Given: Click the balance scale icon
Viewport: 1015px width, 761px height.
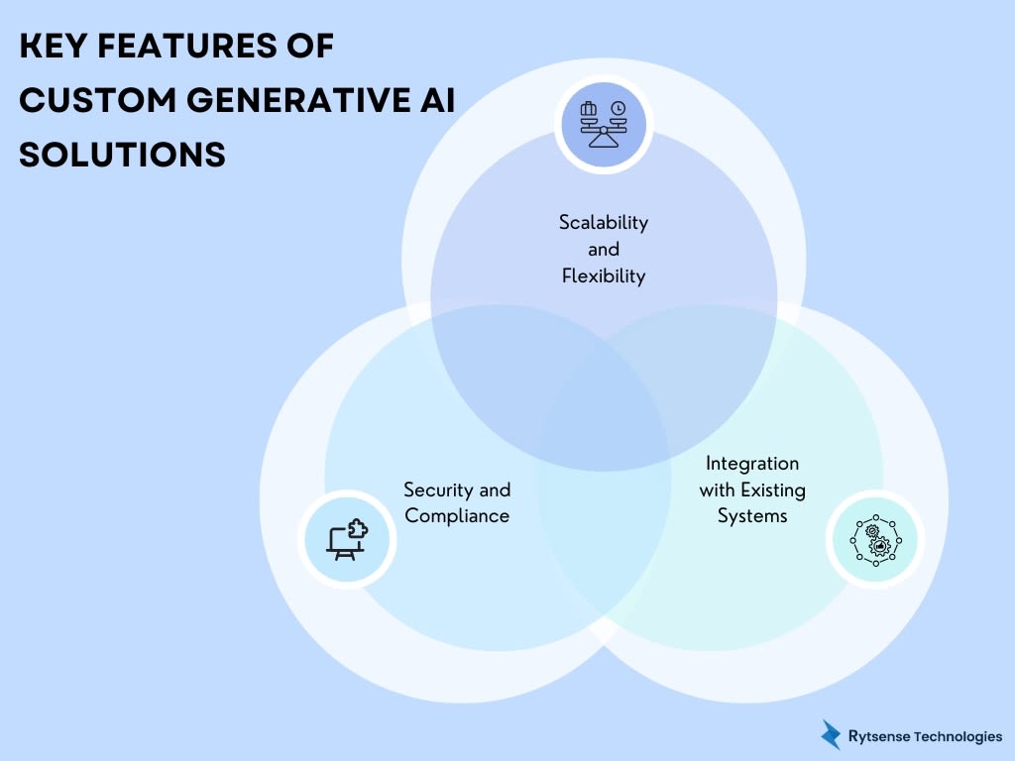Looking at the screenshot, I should [x=604, y=125].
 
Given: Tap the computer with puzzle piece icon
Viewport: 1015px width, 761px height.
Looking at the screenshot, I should [x=347, y=539].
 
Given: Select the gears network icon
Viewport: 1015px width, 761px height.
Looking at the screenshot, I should [x=874, y=539].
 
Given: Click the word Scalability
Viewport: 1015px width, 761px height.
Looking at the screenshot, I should [x=604, y=222].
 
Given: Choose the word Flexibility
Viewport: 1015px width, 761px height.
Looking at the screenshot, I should [x=604, y=276].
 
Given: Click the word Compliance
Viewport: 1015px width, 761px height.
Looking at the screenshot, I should [x=457, y=516].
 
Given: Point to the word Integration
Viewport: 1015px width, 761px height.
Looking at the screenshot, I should [x=752, y=463].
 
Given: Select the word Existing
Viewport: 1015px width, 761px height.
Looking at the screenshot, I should [x=771, y=489].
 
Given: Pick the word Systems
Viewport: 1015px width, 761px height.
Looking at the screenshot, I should [x=752, y=516].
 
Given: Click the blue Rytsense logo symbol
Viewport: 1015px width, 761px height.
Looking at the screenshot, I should [x=831, y=734].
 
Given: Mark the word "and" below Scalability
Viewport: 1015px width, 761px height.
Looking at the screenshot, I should [x=604, y=250].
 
